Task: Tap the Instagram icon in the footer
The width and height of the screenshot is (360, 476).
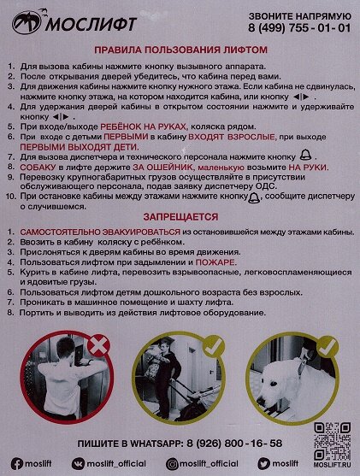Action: click(x=173, y=462)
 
